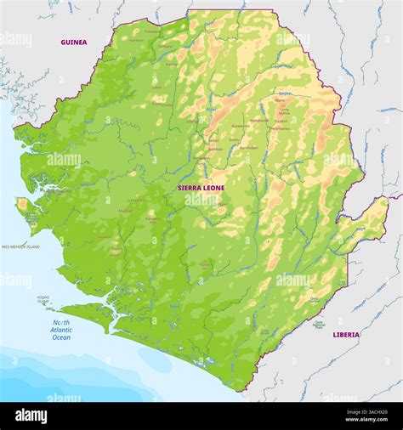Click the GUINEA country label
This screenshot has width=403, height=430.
[x=73, y=42]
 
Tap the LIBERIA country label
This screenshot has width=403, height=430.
[x=345, y=335]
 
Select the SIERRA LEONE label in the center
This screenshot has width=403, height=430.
[x=201, y=187]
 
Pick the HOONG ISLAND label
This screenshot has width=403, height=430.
[x=43, y=300]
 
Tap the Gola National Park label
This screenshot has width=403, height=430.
[x=320, y=324]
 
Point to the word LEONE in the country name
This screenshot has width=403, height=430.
[x=213, y=187]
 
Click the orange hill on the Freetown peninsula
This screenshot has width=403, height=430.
[x=22, y=205]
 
